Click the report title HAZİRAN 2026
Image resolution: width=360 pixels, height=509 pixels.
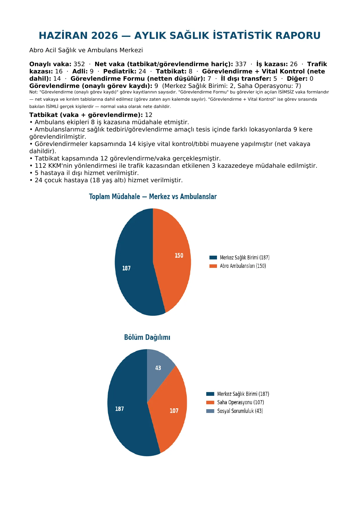pos(78,35)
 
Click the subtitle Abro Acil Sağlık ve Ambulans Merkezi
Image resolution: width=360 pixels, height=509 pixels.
pos(86,50)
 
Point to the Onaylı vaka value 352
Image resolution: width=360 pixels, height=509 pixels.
pos(79,64)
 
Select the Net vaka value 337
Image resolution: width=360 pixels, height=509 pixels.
pos(241,64)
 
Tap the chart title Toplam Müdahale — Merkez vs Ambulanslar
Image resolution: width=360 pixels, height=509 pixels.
pos(153,196)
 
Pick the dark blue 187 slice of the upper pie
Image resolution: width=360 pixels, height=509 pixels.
pos(133,267)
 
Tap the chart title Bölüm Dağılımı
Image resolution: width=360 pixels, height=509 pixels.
pos(147,337)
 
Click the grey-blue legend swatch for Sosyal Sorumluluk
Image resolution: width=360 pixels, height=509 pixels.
pos(210,411)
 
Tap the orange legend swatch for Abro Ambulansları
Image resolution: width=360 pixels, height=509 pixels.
pos(213,266)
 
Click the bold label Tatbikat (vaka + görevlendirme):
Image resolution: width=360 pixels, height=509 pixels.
pos(86,115)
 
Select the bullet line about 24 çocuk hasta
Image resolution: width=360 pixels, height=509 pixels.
pos(106,180)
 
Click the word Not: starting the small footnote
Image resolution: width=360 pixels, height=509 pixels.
pos(34,92)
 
